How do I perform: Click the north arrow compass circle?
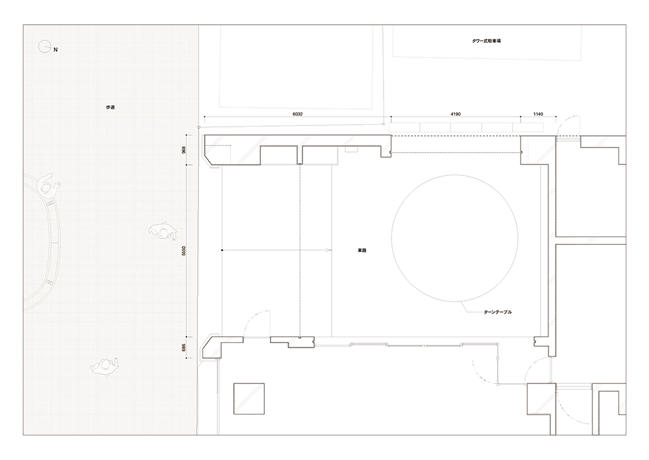[x=44, y=47]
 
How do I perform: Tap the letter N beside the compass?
[x=56, y=50]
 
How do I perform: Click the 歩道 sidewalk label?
[x=110, y=107]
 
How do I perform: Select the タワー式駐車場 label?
[x=487, y=41]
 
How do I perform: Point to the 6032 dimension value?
[x=297, y=114]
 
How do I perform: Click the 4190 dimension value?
[x=456, y=114]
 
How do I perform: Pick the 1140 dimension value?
[x=538, y=114]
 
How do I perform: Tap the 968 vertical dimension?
[x=184, y=149]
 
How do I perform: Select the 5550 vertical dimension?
[x=184, y=250]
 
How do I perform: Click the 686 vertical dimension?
[x=184, y=348]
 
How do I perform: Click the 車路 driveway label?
[x=361, y=250]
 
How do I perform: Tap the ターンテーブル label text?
[x=498, y=312]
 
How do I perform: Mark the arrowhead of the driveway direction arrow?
[x=330, y=250]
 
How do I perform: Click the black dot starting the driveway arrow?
[x=222, y=250]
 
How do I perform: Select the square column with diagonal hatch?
[x=249, y=399]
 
